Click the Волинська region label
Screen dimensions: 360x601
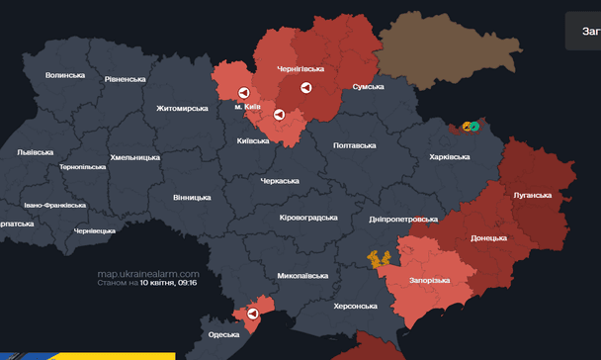(65, 75)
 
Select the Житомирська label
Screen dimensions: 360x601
(182, 108)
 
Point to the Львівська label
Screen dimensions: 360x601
(36, 152)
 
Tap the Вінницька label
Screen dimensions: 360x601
(192, 198)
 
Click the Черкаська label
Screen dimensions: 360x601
(280, 181)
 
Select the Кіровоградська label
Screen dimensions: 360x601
(308, 218)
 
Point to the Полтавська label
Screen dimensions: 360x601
(355, 145)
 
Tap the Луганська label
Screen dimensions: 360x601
(532, 195)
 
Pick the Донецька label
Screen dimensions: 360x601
(488, 238)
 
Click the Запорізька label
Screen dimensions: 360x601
(429, 280)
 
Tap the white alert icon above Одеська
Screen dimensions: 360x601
(253, 314)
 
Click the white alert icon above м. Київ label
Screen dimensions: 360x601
(243, 93)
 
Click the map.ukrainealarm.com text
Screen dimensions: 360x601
(148, 273)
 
